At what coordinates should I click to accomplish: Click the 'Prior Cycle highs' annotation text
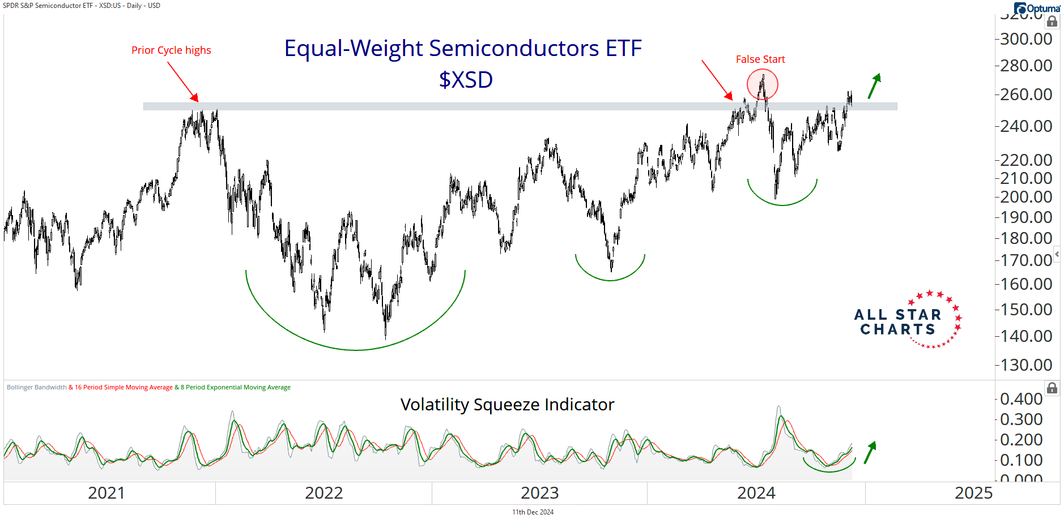click(x=171, y=50)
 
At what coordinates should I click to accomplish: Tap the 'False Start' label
click(x=760, y=59)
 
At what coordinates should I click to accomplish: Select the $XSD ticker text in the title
click(x=466, y=80)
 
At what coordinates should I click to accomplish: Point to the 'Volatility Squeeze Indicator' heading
click(x=507, y=405)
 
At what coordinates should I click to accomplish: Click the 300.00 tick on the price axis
click(x=1026, y=39)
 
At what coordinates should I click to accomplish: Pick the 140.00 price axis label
click(x=1026, y=336)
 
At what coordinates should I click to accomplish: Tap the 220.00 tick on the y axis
click(x=1026, y=160)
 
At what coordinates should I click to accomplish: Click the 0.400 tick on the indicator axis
click(x=1022, y=399)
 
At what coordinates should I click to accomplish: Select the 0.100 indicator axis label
click(x=1022, y=460)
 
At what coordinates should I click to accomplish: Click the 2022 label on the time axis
click(x=324, y=493)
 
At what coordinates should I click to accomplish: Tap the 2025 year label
click(x=973, y=493)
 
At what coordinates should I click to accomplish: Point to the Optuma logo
click(x=1037, y=8)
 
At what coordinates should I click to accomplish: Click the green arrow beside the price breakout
click(x=874, y=85)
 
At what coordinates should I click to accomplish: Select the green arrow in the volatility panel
click(x=870, y=452)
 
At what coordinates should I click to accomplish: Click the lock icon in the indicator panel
click(x=1052, y=388)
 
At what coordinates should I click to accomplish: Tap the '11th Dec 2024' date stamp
click(x=533, y=512)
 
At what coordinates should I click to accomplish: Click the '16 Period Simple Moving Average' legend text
click(x=124, y=388)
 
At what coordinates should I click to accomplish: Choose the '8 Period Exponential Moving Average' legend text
click(x=236, y=388)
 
